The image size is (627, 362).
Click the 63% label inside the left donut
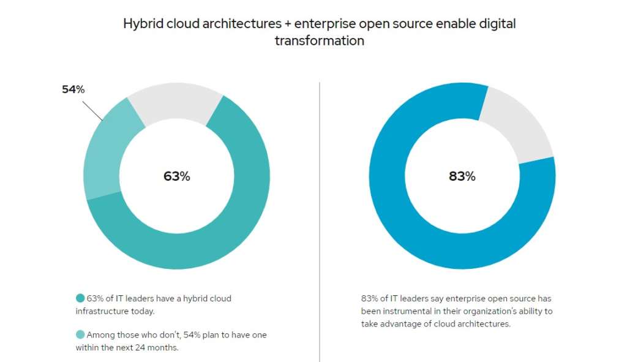[x=176, y=176]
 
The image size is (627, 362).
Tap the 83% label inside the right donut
[x=462, y=176]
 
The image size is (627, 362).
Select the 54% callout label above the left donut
[x=73, y=89]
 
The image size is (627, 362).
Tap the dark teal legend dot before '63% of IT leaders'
[x=80, y=298]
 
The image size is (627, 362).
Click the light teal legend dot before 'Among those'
[x=80, y=335]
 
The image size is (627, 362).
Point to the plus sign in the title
[x=286, y=25]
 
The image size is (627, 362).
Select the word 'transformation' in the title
[x=319, y=41]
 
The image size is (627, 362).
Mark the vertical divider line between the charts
[x=320, y=221]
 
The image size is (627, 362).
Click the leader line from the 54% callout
[x=92, y=110]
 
